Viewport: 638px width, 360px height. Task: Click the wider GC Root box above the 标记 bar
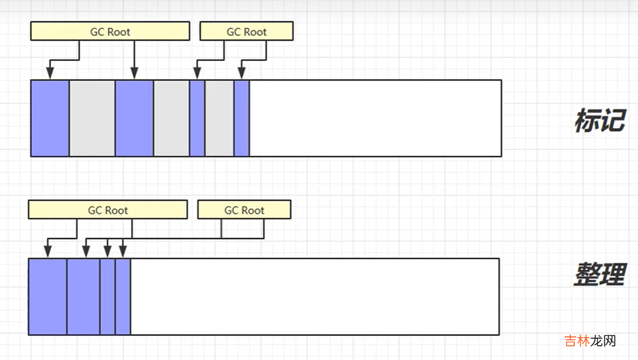[110, 32]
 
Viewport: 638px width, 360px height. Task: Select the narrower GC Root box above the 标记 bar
[246, 32]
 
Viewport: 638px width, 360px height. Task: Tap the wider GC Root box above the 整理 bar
[108, 210]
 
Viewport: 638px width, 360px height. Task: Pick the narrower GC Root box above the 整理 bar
[244, 210]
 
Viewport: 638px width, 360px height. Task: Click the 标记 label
[599, 120]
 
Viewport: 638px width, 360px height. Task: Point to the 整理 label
[599, 274]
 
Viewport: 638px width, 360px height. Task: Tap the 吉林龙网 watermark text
[590, 341]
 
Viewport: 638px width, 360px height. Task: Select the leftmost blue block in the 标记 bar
[50, 118]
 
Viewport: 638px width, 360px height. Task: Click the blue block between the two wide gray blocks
[134, 118]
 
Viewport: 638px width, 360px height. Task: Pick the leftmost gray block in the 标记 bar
[92, 118]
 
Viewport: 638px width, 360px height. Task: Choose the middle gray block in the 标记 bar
[171, 118]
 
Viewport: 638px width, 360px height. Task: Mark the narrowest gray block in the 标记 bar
[219, 118]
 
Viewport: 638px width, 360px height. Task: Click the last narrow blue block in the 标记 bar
[241, 118]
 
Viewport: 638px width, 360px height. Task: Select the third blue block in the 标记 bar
[197, 118]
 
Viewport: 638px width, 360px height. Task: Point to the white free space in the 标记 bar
[375, 118]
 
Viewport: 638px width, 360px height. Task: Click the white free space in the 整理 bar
[314, 297]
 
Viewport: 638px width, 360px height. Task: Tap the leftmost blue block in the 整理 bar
[48, 297]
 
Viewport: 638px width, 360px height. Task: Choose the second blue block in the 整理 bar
[83, 297]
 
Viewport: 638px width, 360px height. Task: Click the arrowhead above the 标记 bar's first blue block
[50, 73]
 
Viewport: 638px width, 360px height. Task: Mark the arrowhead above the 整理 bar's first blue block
[48, 251]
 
